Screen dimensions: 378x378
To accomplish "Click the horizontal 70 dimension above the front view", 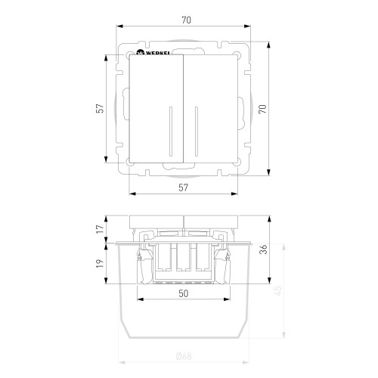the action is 186,20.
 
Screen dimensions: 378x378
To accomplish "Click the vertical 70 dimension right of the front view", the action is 262,109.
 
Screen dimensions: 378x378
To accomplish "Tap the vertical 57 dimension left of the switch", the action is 100,108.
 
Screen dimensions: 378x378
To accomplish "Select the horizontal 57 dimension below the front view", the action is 183,187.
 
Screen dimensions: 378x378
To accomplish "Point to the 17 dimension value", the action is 100,229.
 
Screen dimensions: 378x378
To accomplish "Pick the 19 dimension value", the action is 100,263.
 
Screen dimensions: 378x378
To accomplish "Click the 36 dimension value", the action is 263,249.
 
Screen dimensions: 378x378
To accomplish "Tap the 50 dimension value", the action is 184,293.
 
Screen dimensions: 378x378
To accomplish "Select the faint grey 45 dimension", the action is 278,291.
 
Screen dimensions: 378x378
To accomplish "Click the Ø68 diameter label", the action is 184,356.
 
